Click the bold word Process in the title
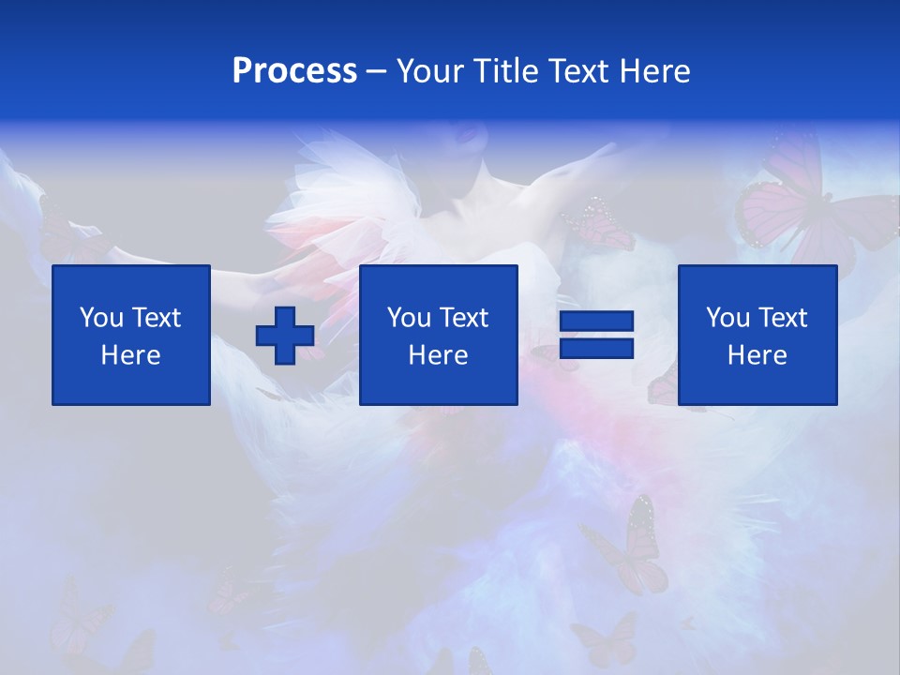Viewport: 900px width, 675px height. click(294, 71)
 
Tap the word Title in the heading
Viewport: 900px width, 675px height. click(507, 71)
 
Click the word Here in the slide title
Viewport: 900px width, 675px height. click(655, 71)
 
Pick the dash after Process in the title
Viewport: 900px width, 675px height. click(378, 72)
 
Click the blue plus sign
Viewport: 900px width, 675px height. click(285, 336)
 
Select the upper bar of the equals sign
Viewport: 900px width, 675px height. click(596, 322)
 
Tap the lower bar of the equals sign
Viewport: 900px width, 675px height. click(596, 348)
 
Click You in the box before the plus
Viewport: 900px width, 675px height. click(101, 318)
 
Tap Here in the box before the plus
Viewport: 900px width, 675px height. click(131, 355)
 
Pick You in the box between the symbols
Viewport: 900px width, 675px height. click(409, 318)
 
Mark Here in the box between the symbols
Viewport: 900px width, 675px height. click(438, 355)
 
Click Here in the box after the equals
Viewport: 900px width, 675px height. click(757, 355)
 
